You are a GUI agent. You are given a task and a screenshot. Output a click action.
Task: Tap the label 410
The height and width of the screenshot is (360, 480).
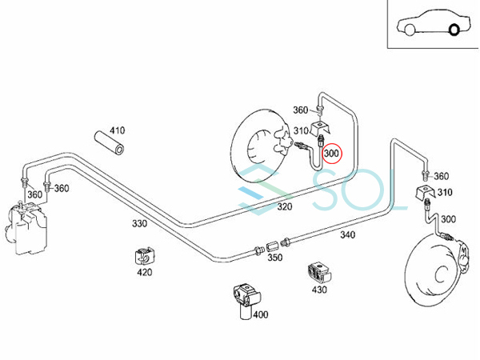click(x=118, y=130)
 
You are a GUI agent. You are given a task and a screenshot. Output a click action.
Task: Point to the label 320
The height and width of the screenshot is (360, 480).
click(x=262, y=206)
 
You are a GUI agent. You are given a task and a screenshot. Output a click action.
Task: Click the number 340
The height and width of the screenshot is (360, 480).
click(x=346, y=235)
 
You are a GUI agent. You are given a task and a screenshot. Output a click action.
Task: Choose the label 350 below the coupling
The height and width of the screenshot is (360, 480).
click(x=274, y=258)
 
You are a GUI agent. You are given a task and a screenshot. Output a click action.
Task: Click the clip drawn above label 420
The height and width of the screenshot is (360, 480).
click(x=142, y=256)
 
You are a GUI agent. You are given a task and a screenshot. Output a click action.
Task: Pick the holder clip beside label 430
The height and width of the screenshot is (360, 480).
click(x=318, y=272)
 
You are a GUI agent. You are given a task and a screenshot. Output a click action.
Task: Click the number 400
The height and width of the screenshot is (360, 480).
click(x=260, y=314)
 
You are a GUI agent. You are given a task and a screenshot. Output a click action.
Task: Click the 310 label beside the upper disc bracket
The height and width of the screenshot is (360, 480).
click(x=301, y=130)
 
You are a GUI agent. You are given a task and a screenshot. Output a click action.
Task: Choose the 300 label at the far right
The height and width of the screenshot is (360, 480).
click(x=449, y=219)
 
